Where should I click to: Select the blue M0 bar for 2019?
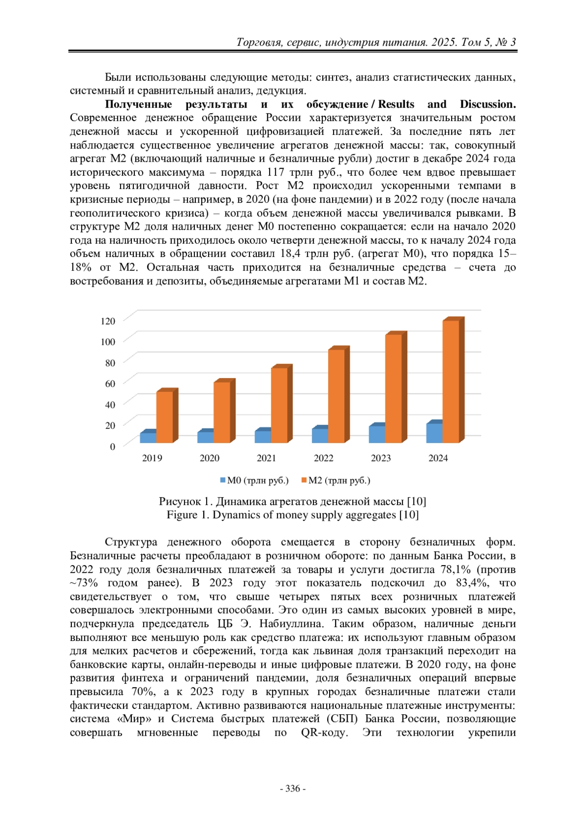[x=148, y=437]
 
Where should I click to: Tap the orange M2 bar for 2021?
[x=279, y=404]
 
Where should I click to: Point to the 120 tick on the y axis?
[x=108, y=321]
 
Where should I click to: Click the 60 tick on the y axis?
[x=110, y=383]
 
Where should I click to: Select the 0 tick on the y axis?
[x=113, y=446]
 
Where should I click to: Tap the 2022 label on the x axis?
[x=323, y=458]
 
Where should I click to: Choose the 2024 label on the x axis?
[x=438, y=458]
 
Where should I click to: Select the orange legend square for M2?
[x=304, y=481]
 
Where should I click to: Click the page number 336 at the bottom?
[x=293, y=788]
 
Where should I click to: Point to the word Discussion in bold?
[x=487, y=104]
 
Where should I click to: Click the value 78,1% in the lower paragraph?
[x=456, y=569]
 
